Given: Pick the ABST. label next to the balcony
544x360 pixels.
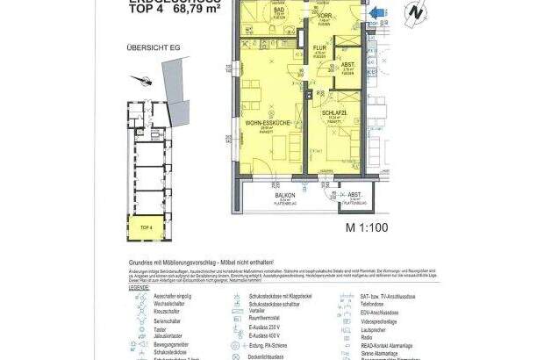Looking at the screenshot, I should click(354, 196).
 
